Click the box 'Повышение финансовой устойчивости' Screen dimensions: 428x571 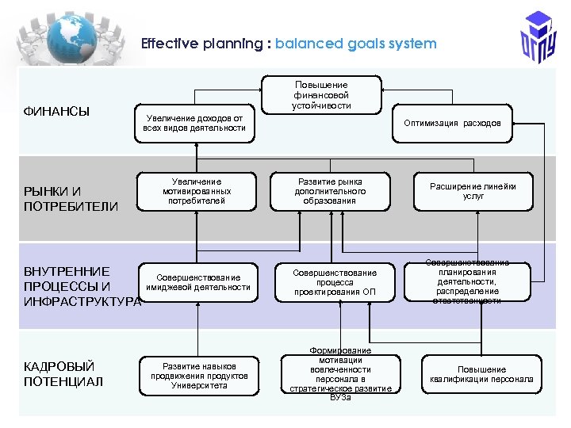(321, 95)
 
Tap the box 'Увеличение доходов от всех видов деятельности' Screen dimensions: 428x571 (194, 123)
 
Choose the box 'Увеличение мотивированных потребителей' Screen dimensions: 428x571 (196, 191)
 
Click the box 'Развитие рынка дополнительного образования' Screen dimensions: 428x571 (330, 191)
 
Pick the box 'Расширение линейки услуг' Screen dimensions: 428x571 (473, 191)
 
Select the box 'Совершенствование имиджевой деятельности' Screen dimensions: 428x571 (197, 282)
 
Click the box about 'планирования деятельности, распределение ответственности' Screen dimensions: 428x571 (468, 281)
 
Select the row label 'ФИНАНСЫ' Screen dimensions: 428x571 (56, 111)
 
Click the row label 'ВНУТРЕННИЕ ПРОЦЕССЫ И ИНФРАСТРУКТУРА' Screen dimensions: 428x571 (79, 286)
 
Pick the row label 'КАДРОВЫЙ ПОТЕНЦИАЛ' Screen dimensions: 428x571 (63, 374)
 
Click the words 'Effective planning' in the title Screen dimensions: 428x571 (203, 44)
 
